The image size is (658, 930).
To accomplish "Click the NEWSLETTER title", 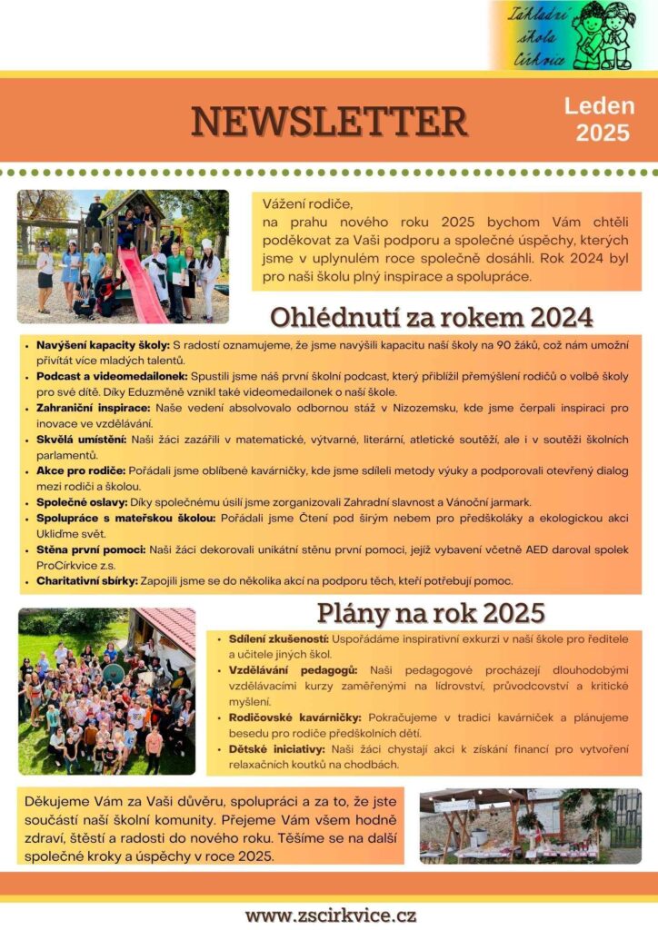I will tap(329, 121).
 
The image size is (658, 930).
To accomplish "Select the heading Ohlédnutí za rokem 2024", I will tap(432, 317).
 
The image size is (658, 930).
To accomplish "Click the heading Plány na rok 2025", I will tap(430, 612).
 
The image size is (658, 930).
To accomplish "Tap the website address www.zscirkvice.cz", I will tap(330, 915).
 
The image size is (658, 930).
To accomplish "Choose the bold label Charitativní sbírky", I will tap(87, 580).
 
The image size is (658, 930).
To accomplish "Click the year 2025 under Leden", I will tap(602, 133).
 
